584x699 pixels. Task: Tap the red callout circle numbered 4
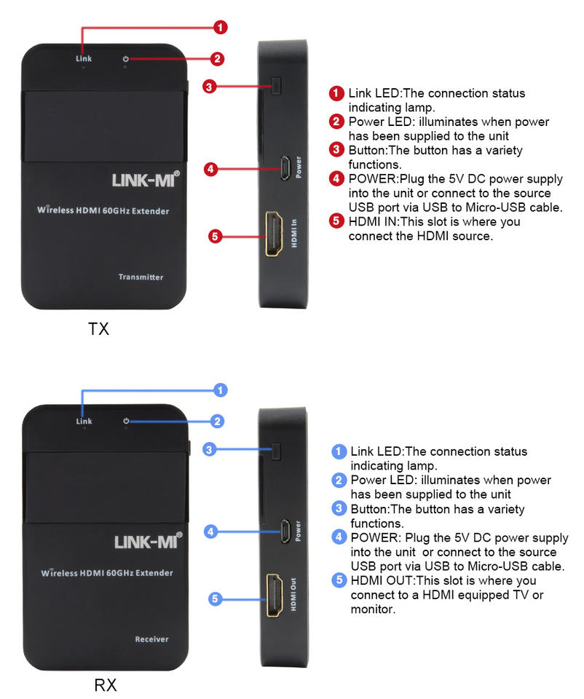pyautogui.click(x=210, y=170)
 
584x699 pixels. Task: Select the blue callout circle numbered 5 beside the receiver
pyautogui.click(x=215, y=599)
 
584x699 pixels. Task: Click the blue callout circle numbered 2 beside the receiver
pyautogui.click(x=217, y=421)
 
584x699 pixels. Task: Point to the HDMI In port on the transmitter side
pyautogui.click(x=275, y=233)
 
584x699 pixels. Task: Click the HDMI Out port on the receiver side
pyautogui.click(x=275, y=595)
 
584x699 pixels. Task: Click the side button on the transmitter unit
pyautogui.click(x=276, y=86)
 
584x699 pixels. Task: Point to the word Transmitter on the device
pyautogui.click(x=141, y=277)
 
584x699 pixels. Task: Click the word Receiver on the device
pyautogui.click(x=151, y=639)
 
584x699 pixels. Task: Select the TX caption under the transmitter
pyautogui.click(x=98, y=329)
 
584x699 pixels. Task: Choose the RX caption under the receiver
pyautogui.click(x=105, y=685)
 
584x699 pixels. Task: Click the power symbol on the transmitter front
pyautogui.click(x=126, y=58)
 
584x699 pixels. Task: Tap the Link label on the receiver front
pyautogui.click(x=84, y=421)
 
